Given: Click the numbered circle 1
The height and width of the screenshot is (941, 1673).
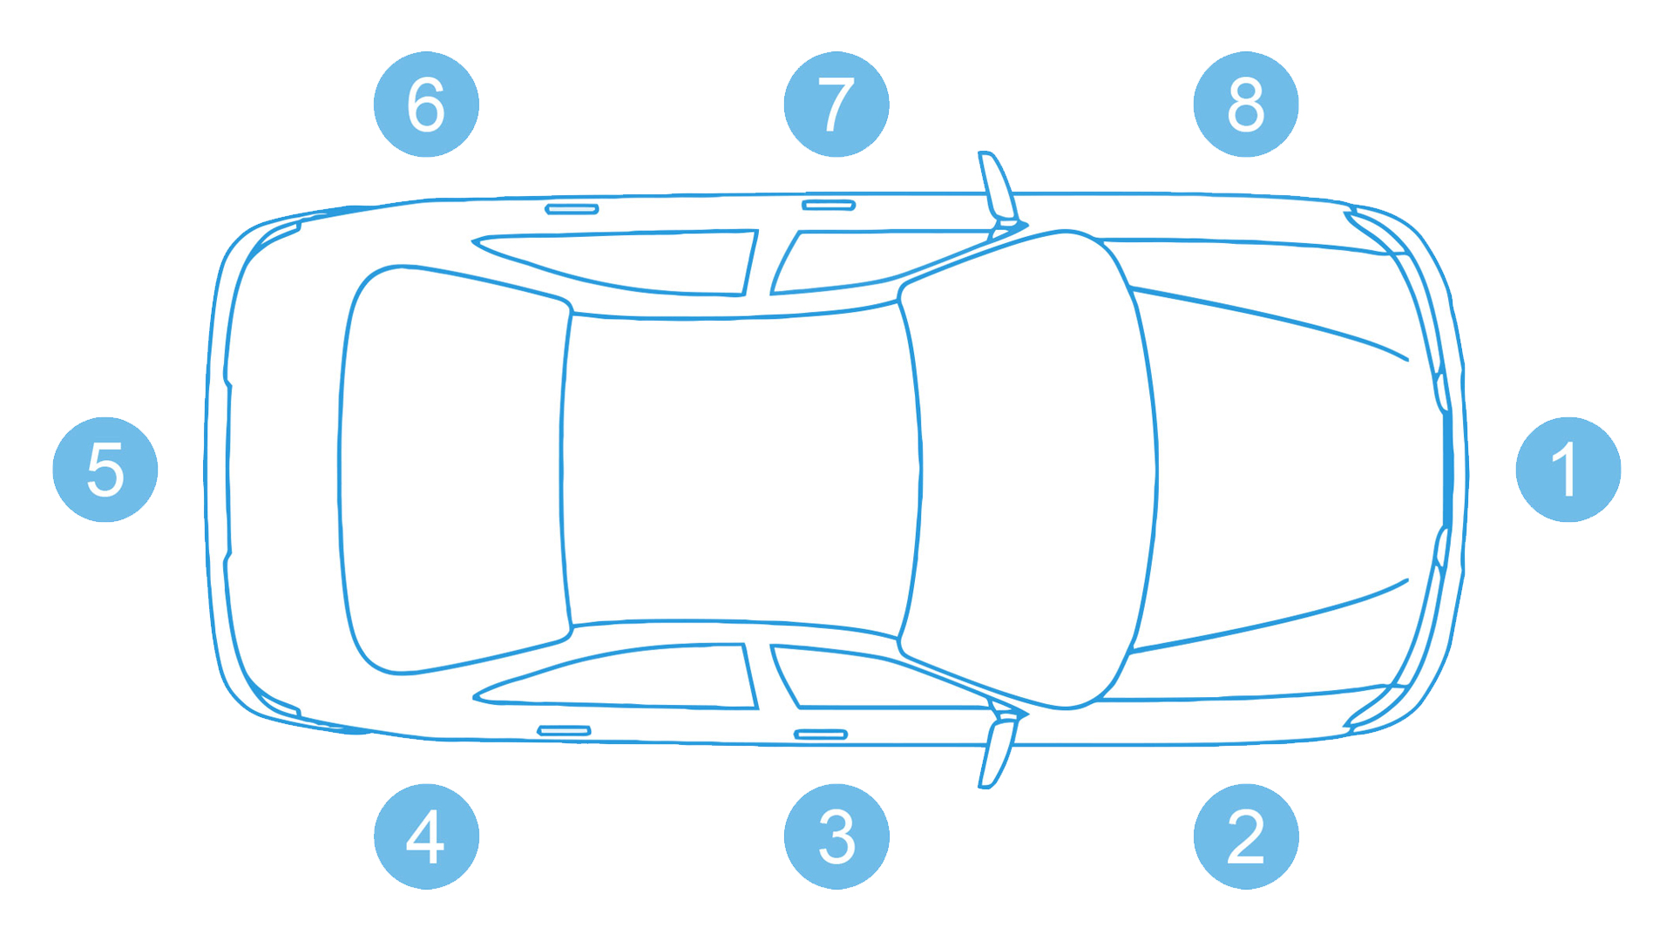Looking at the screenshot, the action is click(1568, 470).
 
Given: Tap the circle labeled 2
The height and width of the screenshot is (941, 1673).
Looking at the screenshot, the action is click(1246, 836).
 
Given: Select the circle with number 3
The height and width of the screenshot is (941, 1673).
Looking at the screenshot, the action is click(836, 836).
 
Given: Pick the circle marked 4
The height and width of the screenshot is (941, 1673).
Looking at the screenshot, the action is click(426, 836).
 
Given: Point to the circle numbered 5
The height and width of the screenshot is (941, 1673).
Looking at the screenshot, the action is click(105, 470).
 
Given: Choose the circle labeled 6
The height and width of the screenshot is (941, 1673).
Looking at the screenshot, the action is click(426, 105).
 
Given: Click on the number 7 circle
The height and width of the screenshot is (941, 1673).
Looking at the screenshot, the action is click(836, 105).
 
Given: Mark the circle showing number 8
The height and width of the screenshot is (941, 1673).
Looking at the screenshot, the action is click(1246, 105).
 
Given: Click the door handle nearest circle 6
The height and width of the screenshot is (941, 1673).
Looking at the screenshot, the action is click(572, 209).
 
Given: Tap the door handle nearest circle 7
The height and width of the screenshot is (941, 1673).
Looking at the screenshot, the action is click(829, 206).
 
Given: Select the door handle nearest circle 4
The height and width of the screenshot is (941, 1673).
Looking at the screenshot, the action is click(564, 730).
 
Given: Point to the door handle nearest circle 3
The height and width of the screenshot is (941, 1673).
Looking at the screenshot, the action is click(821, 735).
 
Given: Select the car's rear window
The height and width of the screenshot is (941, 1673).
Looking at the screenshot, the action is click(453, 470).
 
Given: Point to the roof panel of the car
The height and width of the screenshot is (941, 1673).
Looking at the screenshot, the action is click(741, 470).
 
